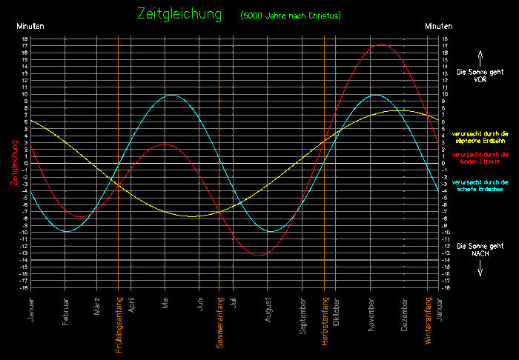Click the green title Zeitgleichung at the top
(179, 14)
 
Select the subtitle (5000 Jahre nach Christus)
(290, 16)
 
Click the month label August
(268, 310)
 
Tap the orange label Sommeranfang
(219, 321)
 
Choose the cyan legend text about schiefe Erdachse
(480, 185)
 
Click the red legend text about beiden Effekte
(480, 157)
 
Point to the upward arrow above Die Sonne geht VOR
(480, 56)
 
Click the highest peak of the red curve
(381, 44)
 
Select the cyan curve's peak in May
(172, 95)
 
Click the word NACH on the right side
(480, 253)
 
